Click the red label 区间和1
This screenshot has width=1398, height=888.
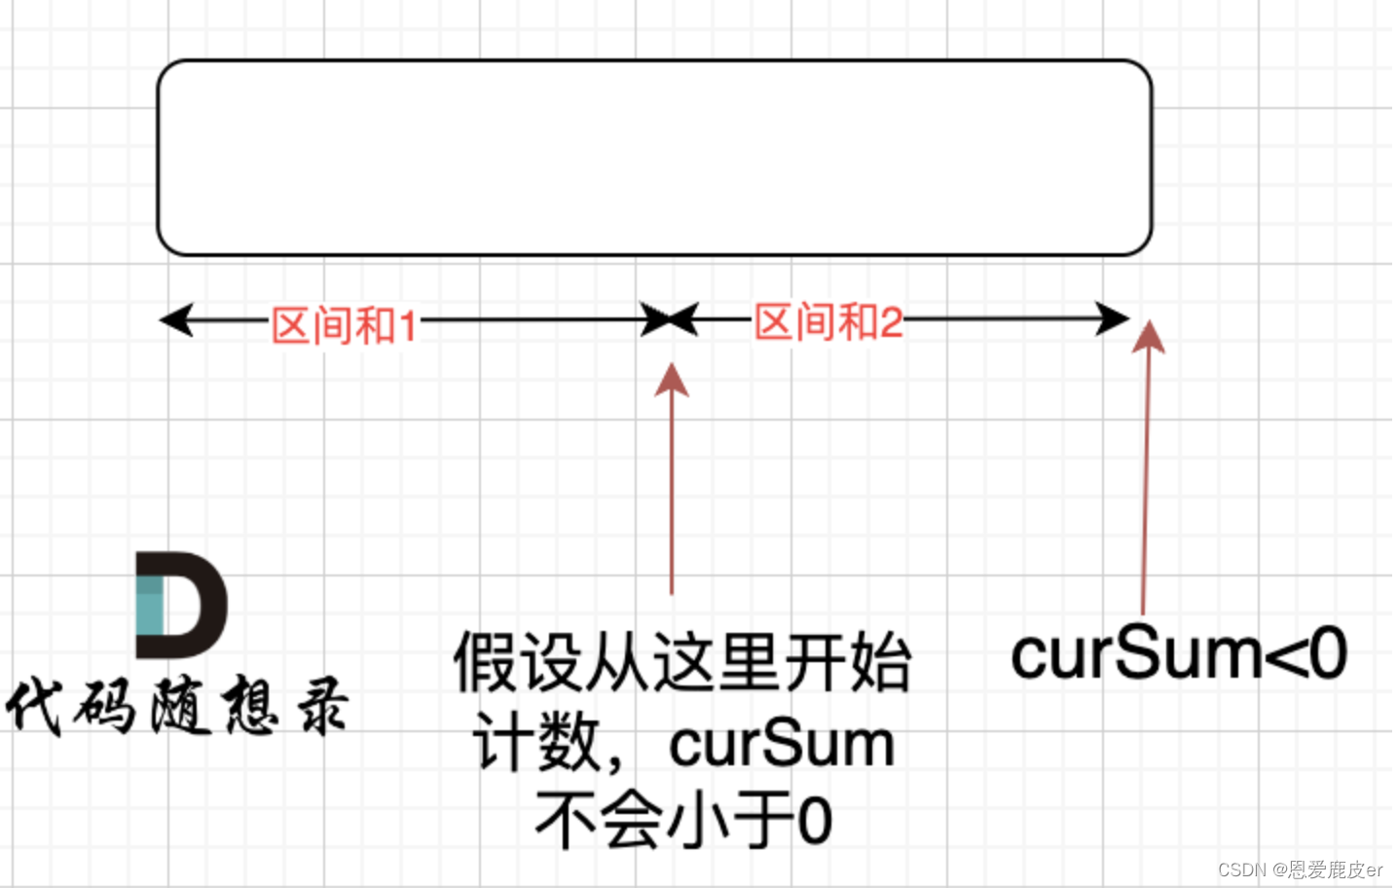coord(343,324)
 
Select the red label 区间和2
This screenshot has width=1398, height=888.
coord(828,321)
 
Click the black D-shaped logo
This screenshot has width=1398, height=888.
coord(181,605)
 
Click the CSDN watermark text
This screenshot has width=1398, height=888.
coord(1299,869)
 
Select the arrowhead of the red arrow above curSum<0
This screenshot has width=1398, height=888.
coord(1150,335)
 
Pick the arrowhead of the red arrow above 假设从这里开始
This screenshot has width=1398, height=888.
coord(672,380)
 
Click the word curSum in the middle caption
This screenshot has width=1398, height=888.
coord(782,745)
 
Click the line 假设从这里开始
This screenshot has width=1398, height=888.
coord(681,663)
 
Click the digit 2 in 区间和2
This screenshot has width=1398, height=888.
coord(891,322)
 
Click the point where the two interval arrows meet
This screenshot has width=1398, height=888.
coord(670,318)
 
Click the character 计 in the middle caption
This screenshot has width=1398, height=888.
coord(496,745)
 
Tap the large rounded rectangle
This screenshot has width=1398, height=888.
coord(654,158)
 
